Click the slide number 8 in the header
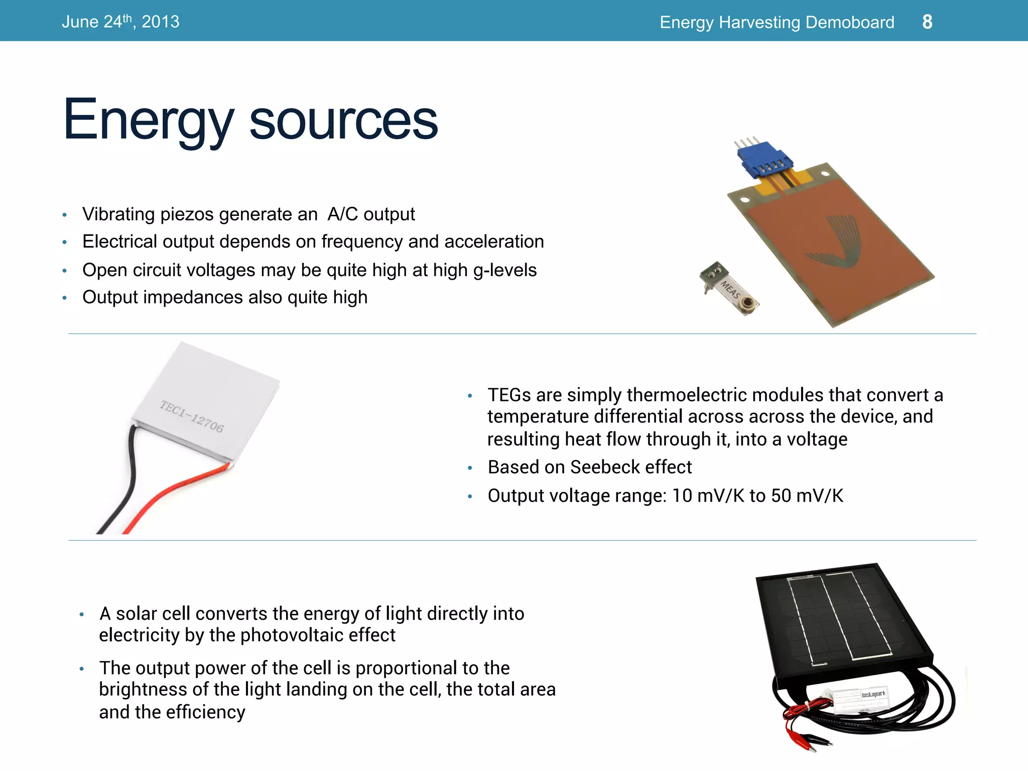[927, 22]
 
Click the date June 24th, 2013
[120, 22]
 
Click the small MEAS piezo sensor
[729, 289]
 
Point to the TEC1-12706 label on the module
[192, 416]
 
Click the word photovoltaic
[288, 635]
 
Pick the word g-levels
[505, 270]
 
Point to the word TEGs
[509, 395]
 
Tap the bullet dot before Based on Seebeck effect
[470, 468]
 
